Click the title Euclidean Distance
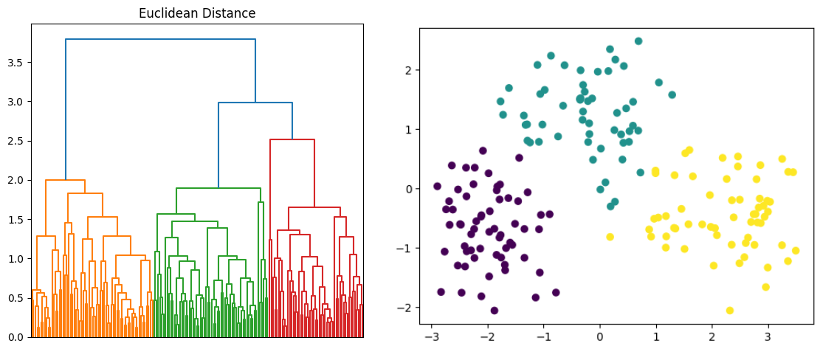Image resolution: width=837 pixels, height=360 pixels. tap(197, 13)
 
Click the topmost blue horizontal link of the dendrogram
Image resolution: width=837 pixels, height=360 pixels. tap(160, 39)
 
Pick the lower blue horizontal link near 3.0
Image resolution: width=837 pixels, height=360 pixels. tap(255, 103)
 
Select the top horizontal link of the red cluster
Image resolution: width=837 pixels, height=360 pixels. tap(292, 139)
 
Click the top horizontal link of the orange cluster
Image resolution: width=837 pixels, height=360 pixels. tap(65, 180)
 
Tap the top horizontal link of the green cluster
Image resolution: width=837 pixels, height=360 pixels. tap(218, 188)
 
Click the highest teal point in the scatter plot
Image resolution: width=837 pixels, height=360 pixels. tap(638, 41)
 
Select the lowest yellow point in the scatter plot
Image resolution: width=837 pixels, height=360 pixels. tap(729, 311)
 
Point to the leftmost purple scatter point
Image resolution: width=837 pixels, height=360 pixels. tap(437, 187)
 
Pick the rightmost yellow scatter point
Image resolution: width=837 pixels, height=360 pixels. tap(795, 251)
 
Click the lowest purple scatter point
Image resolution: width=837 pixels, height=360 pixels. tap(495, 311)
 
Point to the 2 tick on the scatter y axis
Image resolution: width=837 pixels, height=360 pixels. tap(409, 70)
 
